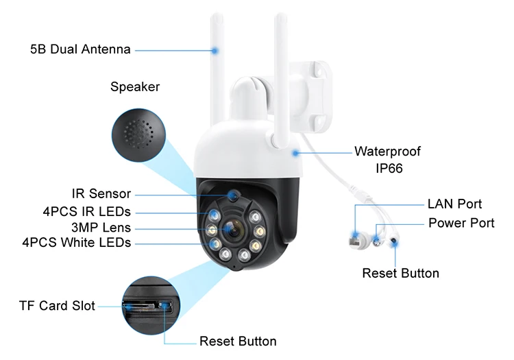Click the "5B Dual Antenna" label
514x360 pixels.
pyautogui.click(x=80, y=49)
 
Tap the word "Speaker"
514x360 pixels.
pyautogui.click(x=135, y=87)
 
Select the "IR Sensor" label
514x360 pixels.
pyautogui.click(x=101, y=194)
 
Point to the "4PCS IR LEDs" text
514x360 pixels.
pyautogui.click(x=86, y=211)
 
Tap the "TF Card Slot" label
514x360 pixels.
pyautogui.click(x=57, y=306)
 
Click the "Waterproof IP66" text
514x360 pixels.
pyautogui.click(x=387, y=159)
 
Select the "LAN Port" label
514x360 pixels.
pyautogui.click(x=454, y=204)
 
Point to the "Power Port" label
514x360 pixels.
pyautogui.click(x=461, y=223)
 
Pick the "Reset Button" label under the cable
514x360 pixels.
pyautogui.click(x=400, y=273)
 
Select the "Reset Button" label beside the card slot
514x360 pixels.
pyautogui.click(x=238, y=341)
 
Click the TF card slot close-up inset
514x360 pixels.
pyautogui.click(x=147, y=304)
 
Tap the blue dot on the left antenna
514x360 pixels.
pyautogui.click(x=215, y=50)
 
